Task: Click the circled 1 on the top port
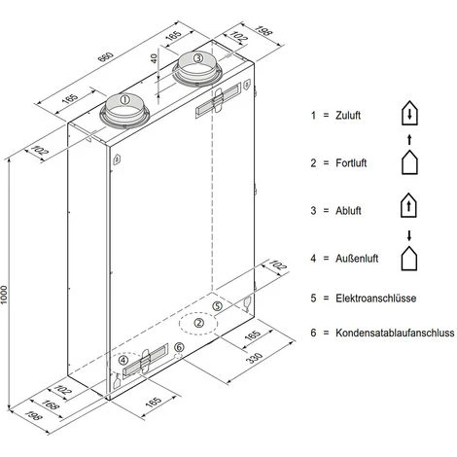coord(123,98)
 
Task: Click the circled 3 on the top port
coord(197,59)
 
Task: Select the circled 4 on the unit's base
coord(123,361)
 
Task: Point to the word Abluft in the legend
coord(344,210)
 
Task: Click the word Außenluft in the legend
coord(352,259)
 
